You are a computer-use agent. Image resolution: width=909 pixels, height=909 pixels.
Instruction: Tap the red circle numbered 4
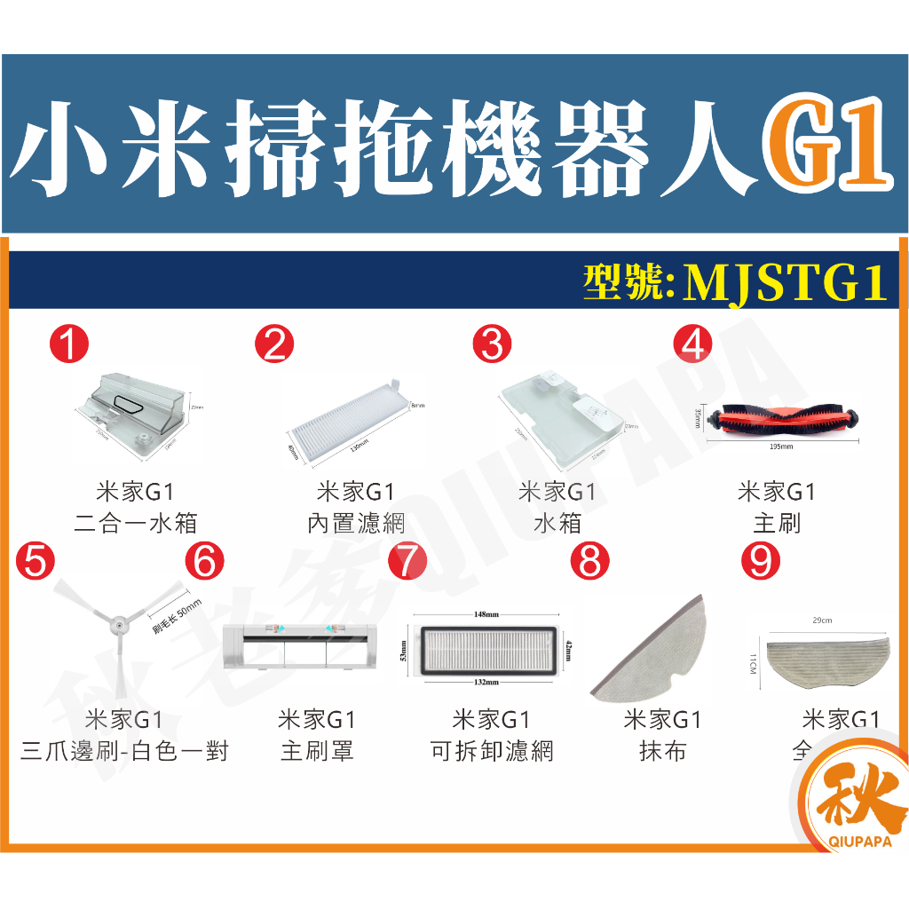(x=693, y=344)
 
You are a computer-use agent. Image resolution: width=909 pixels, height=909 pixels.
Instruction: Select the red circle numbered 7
(x=407, y=561)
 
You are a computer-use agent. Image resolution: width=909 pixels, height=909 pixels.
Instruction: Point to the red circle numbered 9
(x=760, y=561)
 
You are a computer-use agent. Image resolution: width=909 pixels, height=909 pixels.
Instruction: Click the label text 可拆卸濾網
(x=491, y=752)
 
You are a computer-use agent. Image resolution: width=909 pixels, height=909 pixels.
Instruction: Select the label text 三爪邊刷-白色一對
(x=124, y=752)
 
